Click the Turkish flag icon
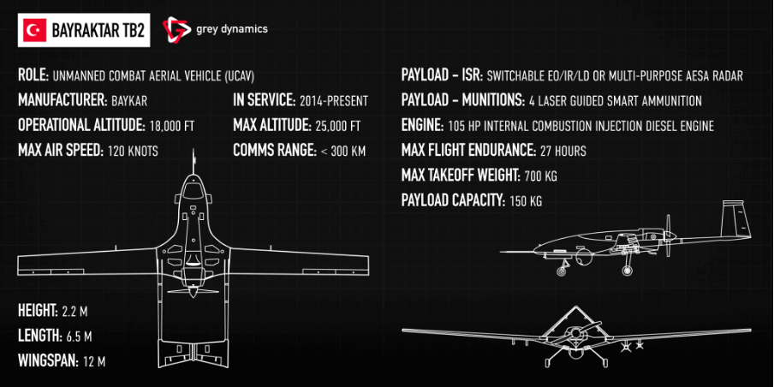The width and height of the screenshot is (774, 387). [x=35, y=30]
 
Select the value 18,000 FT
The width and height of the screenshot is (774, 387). [x=172, y=126]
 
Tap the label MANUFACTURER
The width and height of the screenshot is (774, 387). [x=61, y=100]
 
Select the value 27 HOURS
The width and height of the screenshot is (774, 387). [x=563, y=152]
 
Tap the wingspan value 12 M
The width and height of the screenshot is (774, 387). [x=94, y=361]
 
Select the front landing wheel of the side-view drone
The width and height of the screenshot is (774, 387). [x=563, y=272]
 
